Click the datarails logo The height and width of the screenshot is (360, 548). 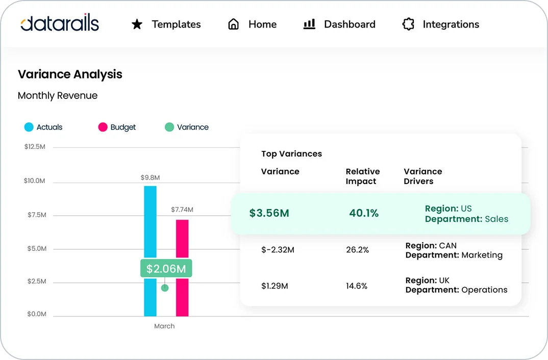click(60, 23)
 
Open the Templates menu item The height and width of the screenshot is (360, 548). click(176, 24)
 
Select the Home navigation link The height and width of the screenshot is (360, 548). click(262, 24)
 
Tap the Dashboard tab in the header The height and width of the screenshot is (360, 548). click(350, 24)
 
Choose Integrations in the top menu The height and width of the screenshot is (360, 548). click(451, 24)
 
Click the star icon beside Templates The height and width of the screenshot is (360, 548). click(137, 24)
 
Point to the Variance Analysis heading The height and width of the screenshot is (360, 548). click(70, 74)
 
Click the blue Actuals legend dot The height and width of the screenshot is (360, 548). click(29, 127)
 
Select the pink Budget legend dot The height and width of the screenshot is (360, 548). click(103, 127)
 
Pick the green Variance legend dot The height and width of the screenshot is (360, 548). click(169, 127)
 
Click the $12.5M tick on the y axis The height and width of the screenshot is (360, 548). click(35, 147)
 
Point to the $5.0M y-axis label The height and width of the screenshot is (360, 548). click(37, 249)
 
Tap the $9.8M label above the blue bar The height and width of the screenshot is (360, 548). click(150, 178)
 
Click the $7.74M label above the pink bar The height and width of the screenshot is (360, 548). click(182, 210)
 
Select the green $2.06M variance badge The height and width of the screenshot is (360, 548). click(166, 269)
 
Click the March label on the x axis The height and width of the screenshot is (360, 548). click(164, 326)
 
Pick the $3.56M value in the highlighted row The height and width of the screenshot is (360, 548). click(269, 213)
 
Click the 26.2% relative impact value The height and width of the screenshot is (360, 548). click(357, 250)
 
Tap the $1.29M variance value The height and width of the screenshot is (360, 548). click(275, 286)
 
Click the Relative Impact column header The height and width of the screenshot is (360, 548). click(362, 176)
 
